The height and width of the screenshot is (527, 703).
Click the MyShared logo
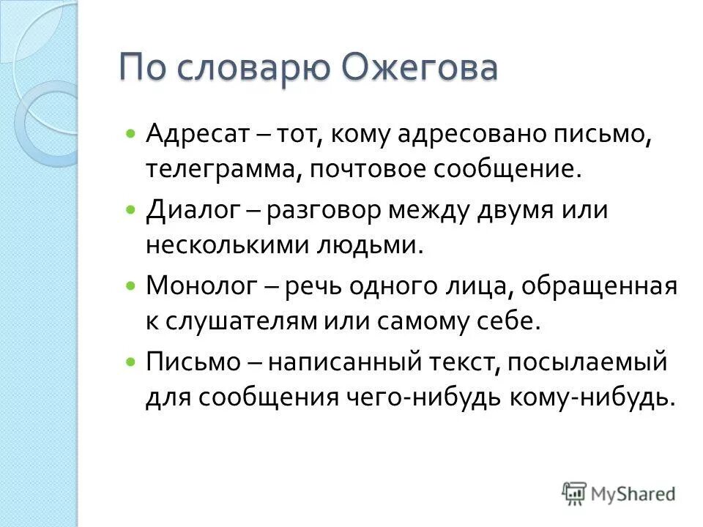point(620,493)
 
